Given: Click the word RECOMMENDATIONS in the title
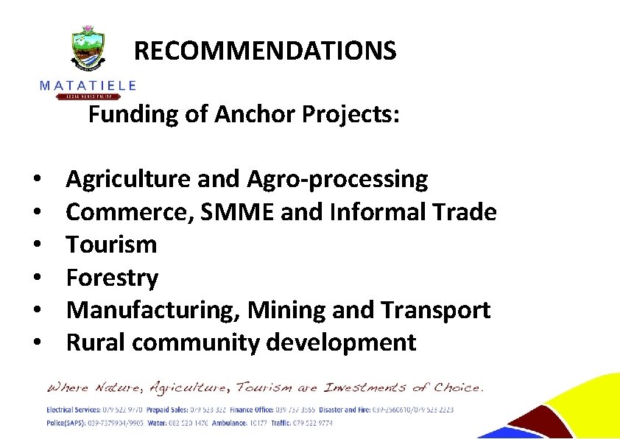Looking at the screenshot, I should (265, 51).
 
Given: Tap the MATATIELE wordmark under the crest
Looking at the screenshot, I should (88, 85).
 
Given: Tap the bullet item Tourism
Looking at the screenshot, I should (111, 245).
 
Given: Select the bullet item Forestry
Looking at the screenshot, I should (112, 278).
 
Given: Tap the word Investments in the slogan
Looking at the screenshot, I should (367, 387).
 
